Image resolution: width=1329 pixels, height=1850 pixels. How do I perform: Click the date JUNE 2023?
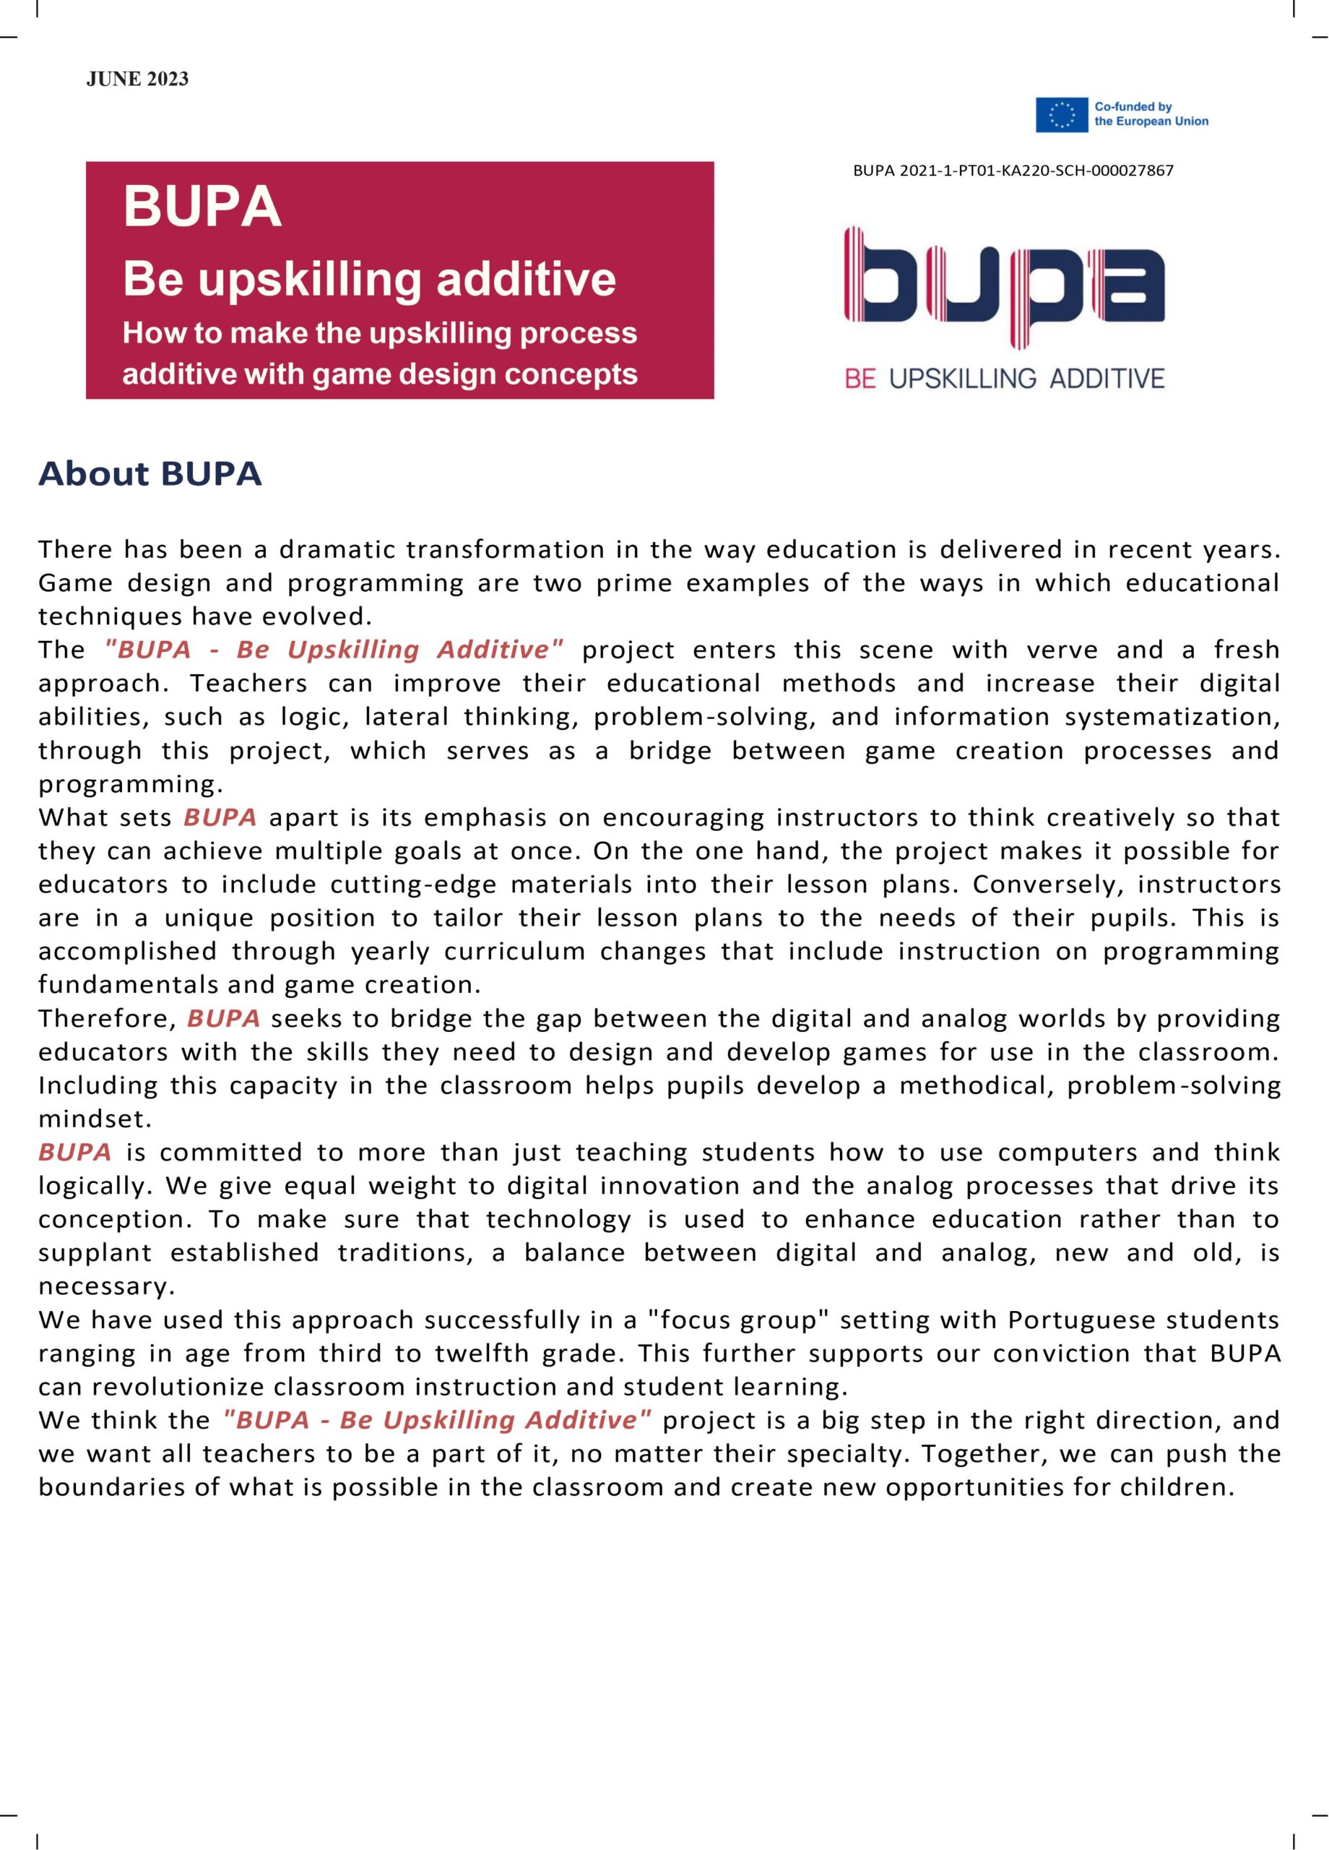[137, 79]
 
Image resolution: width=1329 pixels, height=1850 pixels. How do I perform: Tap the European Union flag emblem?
[1062, 114]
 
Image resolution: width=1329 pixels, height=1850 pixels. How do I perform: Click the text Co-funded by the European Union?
[1151, 114]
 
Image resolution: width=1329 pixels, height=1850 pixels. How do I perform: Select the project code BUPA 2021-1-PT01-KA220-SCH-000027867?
[1013, 171]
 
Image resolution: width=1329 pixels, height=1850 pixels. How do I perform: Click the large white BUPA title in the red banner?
[202, 207]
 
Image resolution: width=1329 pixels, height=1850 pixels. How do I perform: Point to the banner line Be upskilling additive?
[369, 279]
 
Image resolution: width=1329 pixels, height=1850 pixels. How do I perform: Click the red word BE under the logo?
[860, 379]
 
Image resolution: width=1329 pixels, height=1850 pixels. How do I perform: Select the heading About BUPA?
[150, 474]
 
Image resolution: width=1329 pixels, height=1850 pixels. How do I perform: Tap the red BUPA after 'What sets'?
[220, 817]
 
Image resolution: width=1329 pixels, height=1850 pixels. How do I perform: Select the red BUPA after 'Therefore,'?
[223, 1018]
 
